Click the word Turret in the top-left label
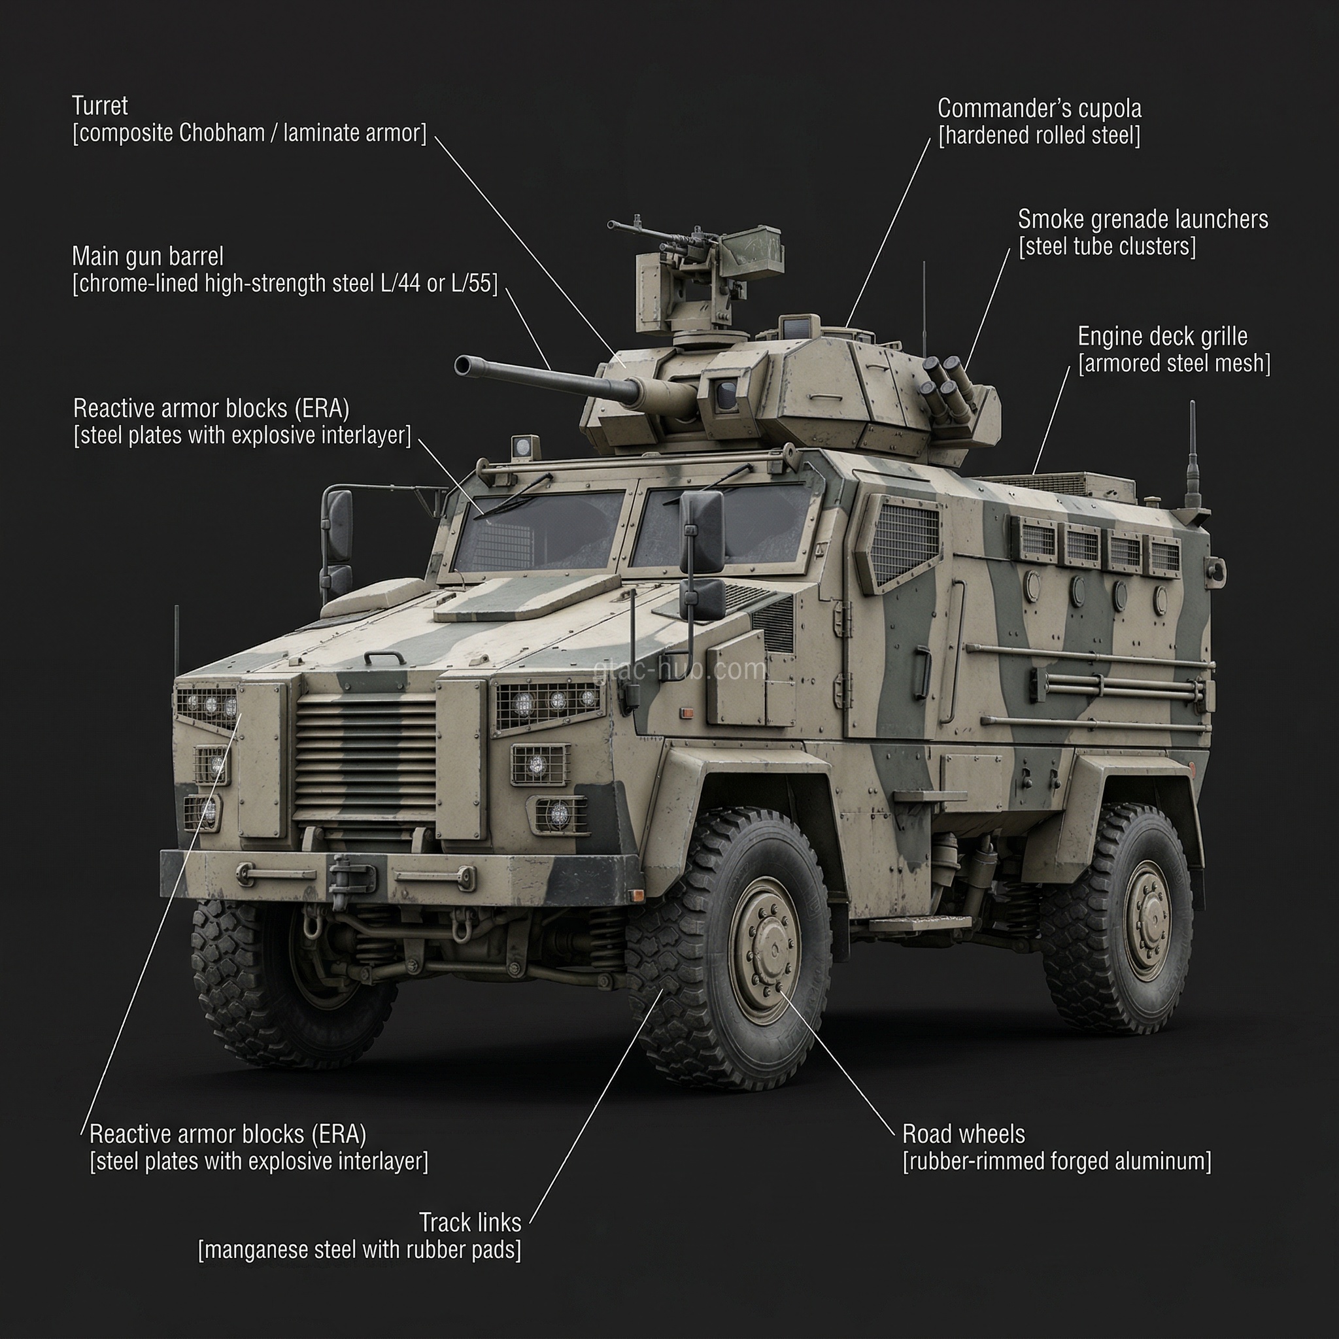(x=100, y=106)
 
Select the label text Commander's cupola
(x=1039, y=109)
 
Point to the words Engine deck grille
(x=1162, y=337)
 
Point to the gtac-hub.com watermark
(x=680, y=669)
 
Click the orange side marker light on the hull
(x=688, y=713)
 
